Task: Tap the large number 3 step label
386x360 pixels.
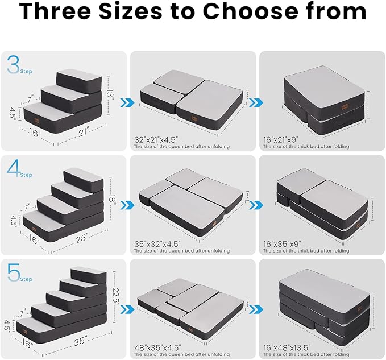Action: coord(14,65)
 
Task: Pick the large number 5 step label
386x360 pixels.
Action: coord(13,272)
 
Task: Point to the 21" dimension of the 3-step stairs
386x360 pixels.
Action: coord(84,132)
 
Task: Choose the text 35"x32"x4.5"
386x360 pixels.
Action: coord(158,243)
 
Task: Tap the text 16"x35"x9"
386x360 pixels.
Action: coord(280,243)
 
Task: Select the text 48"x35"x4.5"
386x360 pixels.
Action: coord(158,347)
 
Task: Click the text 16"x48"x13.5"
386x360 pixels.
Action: coord(284,347)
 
